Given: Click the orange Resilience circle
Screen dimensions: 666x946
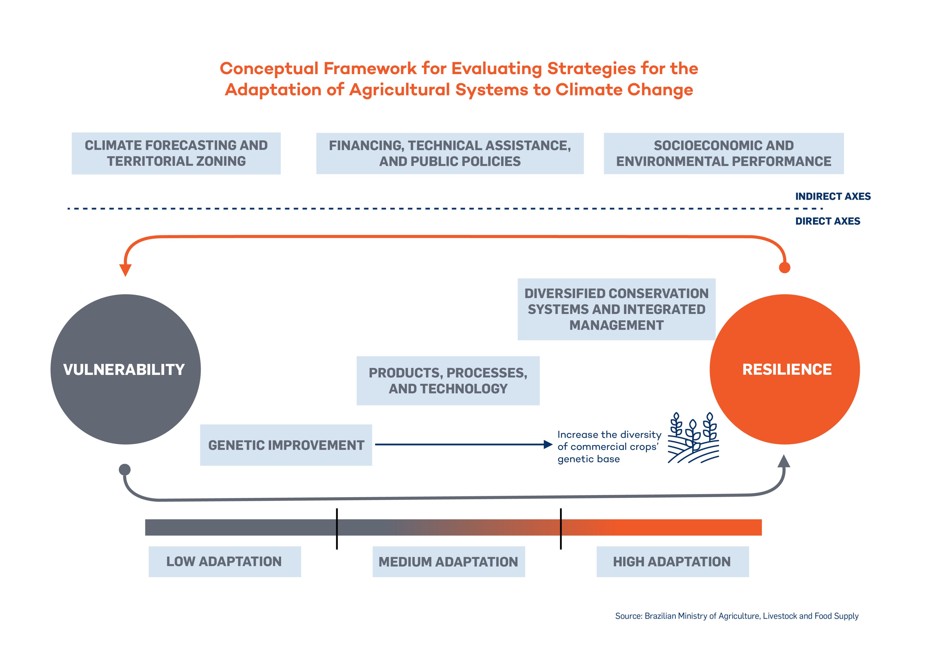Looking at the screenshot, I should pos(785,369).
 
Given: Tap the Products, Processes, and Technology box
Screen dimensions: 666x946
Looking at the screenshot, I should pos(448,381).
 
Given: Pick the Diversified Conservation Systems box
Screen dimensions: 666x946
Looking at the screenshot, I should pos(616,309).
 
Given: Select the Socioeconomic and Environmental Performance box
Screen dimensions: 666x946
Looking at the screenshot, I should pos(724,153).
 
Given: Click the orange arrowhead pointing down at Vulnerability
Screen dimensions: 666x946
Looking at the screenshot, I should pos(125,270).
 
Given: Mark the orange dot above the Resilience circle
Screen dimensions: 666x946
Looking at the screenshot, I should pos(785,268).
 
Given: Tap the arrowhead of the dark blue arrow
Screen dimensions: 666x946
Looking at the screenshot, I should pos(548,444).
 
